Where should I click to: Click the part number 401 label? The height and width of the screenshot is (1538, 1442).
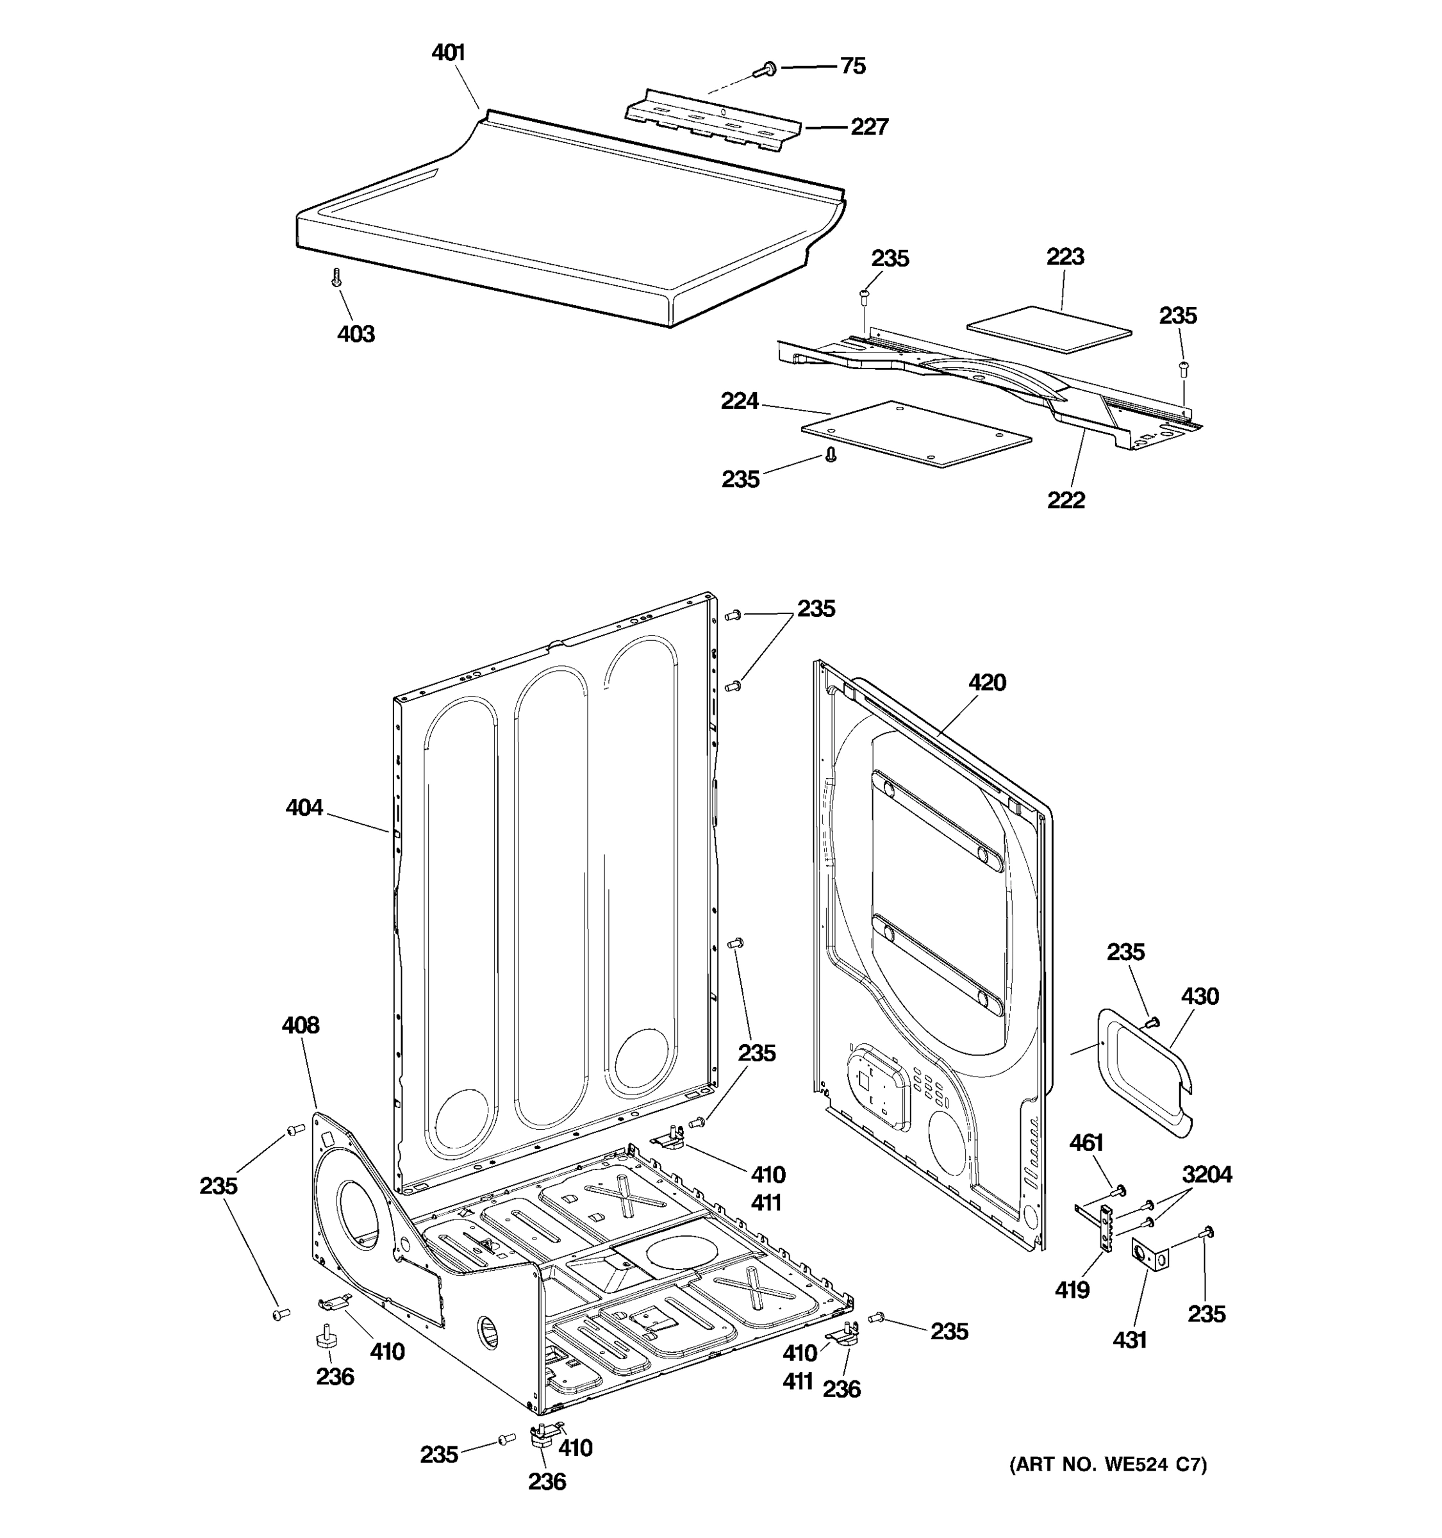click(448, 53)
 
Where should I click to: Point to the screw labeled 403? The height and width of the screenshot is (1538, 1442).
click(336, 277)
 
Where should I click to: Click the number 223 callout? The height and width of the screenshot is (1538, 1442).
click(1065, 256)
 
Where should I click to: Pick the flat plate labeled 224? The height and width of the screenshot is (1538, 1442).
click(916, 434)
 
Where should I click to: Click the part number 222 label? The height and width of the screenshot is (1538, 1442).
click(1066, 500)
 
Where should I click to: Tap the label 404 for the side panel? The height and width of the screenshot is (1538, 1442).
click(304, 807)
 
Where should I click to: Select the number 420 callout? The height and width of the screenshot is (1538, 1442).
click(987, 682)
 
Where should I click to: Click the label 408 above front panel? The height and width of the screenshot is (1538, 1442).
click(300, 1025)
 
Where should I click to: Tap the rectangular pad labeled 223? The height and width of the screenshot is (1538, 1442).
click(1050, 329)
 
